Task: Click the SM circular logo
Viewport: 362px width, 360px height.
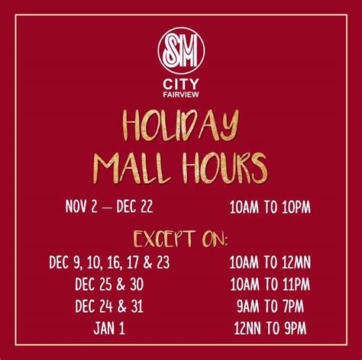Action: pyautogui.click(x=181, y=51)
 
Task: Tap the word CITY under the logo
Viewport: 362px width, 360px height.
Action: pyautogui.click(x=181, y=85)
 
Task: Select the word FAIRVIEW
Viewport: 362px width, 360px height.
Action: pyautogui.click(x=181, y=95)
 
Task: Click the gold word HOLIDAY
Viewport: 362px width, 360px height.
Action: pyautogui.click(x=181, y=126)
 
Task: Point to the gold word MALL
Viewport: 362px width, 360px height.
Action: pyautogui.click(x=132, y=168)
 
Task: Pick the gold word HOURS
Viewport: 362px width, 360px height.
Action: pyautogui.click(x=225, y=168)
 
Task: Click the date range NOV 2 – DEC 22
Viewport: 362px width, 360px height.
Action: pyautogui.click(x=109, y=207)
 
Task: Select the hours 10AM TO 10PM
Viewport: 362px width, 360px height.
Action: pyautogui.click(x=270, y=207)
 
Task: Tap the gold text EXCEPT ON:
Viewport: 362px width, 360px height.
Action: pyautogui.click(x=181, y=239)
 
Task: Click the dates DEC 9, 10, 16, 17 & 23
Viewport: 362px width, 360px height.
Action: pyautogui.click(x=109, y=262)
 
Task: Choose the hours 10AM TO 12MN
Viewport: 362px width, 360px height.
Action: pyautogui.click(x=270, y=262)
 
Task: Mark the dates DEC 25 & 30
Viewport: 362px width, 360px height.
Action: pyautogui.click(x=109, y=284)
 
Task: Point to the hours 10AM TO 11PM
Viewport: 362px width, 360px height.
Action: pyautogui.click(x=270, y=284)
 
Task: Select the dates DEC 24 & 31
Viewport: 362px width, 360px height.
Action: pyautogui.click(x=109, y=306)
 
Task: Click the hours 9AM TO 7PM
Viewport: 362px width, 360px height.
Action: pyautogui.click(x=270, y=306)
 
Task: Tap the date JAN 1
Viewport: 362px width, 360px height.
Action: pyautogui.click(x=109, y=328)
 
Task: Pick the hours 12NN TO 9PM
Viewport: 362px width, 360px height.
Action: pyautogui.click(x=270, y=328)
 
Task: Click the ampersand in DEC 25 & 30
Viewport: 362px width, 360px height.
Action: pyautogui.click(x=121, y=284)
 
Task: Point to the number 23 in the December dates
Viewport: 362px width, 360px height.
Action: pyautogui.click(x=163, y=262)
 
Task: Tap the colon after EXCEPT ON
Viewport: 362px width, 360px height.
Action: pyautogui.click(x=225, y=241)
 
